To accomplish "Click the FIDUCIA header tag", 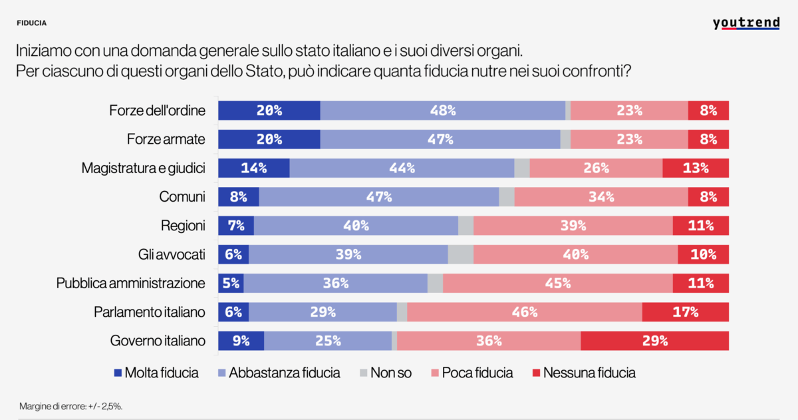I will (x=32, y=23).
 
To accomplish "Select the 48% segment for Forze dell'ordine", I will (x=442, y=110).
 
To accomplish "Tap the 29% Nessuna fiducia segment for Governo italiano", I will (x=654, y=341).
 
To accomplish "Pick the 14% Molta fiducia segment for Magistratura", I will (x=254, y=168).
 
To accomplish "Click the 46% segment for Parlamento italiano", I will (x=524, y=312).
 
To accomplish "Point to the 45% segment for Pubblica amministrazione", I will (x=557, y=284).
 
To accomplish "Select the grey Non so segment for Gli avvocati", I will (x=460, y=254).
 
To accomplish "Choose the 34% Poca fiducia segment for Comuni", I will (x=600, y=197).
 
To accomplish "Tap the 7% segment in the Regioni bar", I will (x=236, y=226).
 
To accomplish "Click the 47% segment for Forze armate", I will (x=440, y=140).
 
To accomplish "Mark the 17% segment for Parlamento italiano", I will (x=685, y=312).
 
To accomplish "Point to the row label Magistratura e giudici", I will (x=143, y=168).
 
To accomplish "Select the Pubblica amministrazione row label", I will (x=131, y=284).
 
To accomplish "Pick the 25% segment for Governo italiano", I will (x=327, y=341).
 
